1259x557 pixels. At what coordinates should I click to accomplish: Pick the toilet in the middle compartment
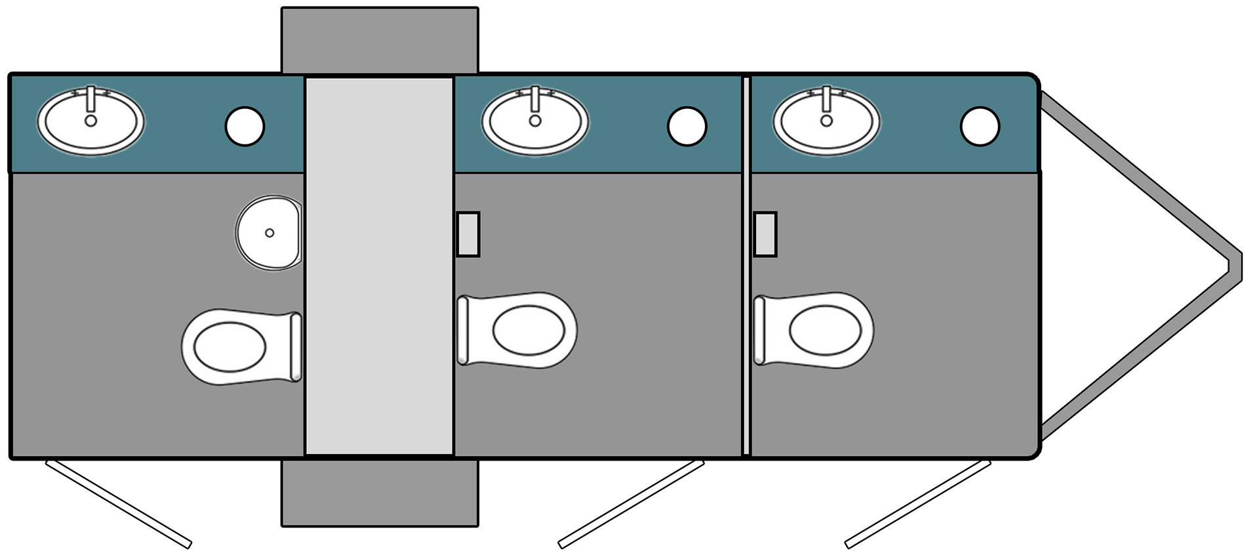coord(517,330)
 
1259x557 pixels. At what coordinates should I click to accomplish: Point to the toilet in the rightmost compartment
coord(814,330)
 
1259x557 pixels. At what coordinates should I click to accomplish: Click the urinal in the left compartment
coord(269,233)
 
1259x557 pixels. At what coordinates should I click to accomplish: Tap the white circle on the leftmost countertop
coord(245,125)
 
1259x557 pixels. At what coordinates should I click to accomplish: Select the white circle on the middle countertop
coord(687,125)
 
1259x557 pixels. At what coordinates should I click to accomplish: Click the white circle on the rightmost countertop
coord(980,125)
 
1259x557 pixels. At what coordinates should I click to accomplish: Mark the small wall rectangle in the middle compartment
coord(468,234)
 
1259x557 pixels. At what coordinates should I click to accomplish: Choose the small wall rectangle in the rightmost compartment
coord(765,234)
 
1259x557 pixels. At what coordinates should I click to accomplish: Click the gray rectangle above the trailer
coord(380,41)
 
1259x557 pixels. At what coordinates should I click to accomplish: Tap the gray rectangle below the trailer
coord(380,493)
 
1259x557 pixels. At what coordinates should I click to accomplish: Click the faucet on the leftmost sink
coord(92,98)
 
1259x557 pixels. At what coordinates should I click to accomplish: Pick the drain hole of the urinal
coord(269,233)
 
